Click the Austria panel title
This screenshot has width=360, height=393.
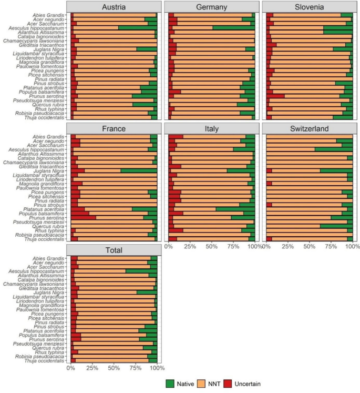point(114,7)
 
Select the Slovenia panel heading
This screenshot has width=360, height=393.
point(310,7)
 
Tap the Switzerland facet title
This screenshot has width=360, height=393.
point(310,128)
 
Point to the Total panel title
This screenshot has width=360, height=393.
point(114,249)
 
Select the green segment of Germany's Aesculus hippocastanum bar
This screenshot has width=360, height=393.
point(233,28)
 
